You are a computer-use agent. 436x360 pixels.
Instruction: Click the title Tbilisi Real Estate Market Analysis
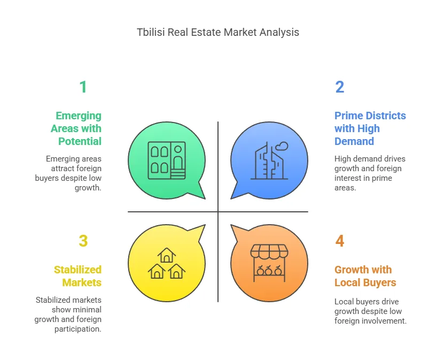point(218,32)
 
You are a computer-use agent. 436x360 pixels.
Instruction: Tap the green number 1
point(83,87)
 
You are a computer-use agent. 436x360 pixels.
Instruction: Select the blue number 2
point(339,87)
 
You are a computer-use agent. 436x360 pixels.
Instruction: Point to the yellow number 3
point(83,241)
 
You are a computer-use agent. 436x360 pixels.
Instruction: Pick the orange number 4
point(339,241)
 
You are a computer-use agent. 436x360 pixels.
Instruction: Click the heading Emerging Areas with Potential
point(76,128)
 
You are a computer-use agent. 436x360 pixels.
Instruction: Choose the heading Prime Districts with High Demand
point(370,128)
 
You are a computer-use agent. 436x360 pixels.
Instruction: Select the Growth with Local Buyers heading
point(365,276)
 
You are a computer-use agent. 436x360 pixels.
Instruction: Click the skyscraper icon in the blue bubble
point(269,160)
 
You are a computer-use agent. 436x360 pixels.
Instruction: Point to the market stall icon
point(269,263)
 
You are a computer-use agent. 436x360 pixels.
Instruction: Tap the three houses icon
point(167,263)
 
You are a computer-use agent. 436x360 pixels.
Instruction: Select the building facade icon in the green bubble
point(167,160)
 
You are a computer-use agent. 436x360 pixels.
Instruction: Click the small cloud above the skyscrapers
point(282,146)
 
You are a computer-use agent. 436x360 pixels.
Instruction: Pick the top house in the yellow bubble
point(167,255)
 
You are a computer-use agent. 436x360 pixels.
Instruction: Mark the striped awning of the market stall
point(269,251)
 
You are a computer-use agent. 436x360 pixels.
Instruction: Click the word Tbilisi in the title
point(151,32)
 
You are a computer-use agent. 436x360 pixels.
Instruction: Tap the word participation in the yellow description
point(78,329)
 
